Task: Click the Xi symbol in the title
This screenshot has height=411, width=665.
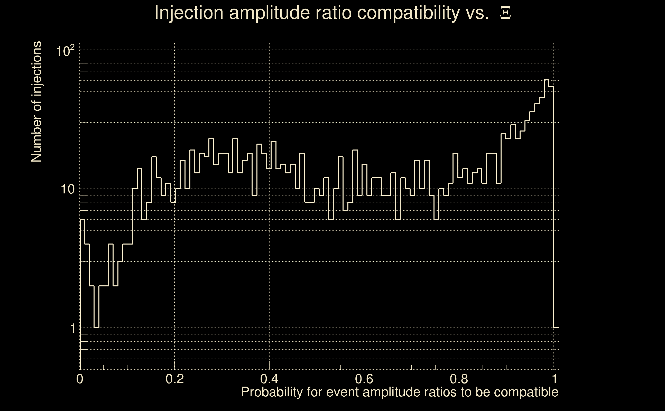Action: [505, 13]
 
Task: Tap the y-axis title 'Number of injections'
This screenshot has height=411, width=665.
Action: [36, 102]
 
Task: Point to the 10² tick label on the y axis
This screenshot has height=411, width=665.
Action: [65, 51]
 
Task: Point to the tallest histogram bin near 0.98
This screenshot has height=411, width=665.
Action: [547, 80]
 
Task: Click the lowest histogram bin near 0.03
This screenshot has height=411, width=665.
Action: [96, 328]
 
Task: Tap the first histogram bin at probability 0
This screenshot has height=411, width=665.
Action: [82, 220]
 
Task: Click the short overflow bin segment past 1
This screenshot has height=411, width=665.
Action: [556, 328]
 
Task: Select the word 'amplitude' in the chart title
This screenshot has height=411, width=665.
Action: [269, 13]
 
